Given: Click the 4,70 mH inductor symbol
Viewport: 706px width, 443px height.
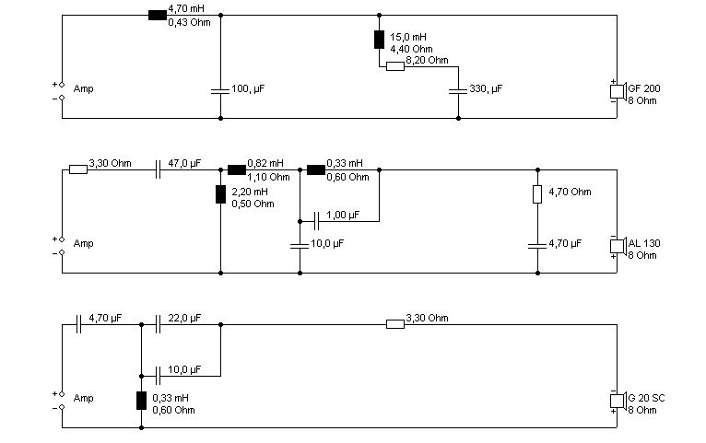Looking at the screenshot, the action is click(x=157, y=16).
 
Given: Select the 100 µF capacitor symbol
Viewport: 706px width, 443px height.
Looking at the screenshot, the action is click(x=220, y=91).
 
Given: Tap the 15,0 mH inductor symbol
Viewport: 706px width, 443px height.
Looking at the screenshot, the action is click(x=379, y=40).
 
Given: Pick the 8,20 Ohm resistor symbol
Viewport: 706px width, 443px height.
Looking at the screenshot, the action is click(x=395, y=66).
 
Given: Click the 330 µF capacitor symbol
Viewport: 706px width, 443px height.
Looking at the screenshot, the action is click(x=458, y=91).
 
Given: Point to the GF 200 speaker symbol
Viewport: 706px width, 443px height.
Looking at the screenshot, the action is click(x=618, y=91).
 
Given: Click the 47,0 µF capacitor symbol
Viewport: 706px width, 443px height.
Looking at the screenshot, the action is click(x=158, y=170).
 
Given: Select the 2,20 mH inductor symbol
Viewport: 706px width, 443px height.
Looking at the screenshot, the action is click(x=220, y=194).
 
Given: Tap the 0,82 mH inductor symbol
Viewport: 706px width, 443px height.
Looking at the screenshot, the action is click(x=237, y=170).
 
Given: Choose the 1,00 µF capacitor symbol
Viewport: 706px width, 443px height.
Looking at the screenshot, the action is click(x=316, y=221).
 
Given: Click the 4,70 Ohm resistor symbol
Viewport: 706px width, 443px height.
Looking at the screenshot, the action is click(x=537, y=194).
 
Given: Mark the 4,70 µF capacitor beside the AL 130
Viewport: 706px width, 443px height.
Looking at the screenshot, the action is click(x=537, y=246).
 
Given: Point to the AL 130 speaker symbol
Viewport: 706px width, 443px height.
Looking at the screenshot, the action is click(x=618, y=246).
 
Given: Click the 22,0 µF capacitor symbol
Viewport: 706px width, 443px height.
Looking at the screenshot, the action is click(x=158, y=324).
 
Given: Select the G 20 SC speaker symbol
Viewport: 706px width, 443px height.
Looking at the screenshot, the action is click(x=618, y=401).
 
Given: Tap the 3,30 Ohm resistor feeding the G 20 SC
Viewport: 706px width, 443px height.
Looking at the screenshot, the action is click(x=395, y=324).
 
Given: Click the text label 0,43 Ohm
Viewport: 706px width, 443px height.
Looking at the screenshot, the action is click(x=189, y=22).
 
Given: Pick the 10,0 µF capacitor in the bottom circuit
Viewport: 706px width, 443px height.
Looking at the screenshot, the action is click(x=158, y=376).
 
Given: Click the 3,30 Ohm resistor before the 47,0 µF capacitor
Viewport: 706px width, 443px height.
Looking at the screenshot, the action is click(x=78, y=170).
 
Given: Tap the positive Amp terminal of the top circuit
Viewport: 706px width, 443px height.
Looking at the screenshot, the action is click(x=62, y=85).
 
